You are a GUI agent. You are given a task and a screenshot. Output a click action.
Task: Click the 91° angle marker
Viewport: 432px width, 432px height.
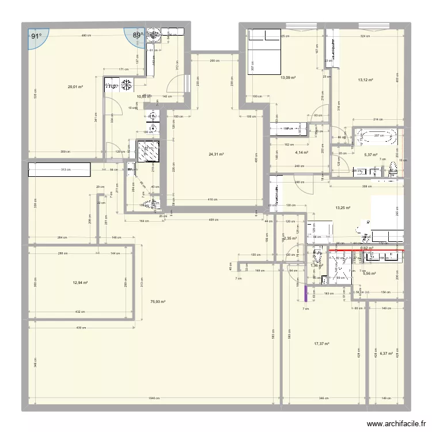point(36,36)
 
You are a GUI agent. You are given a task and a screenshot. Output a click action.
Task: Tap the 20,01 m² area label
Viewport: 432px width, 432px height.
point(75,88)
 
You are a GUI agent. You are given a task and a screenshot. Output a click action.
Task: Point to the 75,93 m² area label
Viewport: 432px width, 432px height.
point(158,301)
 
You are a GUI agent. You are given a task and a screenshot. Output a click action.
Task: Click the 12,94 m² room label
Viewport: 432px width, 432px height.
point(80,282)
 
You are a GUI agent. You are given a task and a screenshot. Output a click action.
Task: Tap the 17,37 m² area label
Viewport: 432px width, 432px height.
point(321,344)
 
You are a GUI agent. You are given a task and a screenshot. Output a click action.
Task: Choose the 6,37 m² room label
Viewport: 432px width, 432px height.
point(386,354)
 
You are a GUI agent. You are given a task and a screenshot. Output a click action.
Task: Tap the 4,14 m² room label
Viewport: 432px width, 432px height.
point(301,153)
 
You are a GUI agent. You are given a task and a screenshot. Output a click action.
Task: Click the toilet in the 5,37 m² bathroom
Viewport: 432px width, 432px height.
point(394,168)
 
